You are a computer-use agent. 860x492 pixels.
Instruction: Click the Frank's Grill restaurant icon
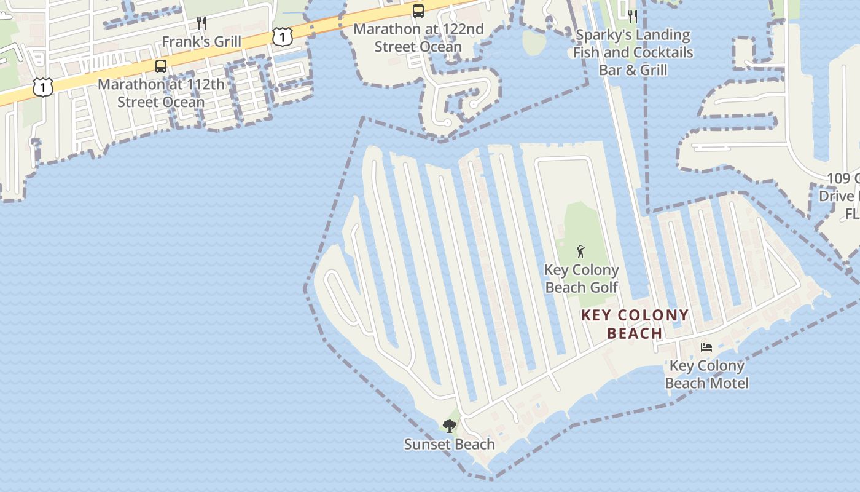click(x=201, y=23)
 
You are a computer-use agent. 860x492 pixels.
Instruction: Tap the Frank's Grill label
click(x=201, y=42)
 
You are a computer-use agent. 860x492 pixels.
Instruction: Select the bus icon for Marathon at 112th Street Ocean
click(x=161, y=66)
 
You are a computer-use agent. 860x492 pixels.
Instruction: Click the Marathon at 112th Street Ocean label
click(x=161, y=93)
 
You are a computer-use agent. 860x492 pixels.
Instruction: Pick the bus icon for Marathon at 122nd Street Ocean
click(x=418, y=10)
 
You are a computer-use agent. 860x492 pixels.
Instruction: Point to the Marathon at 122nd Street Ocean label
click(x=418, y=38)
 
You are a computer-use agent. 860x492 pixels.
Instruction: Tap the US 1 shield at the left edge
click(x=43, y=87)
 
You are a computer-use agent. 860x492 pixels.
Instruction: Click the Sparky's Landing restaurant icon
click(x=633, y=16)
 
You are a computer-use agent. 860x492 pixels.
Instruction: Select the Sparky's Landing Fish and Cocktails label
click(x=633, y=52)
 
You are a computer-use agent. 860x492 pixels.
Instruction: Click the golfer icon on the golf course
click(x=580, y=252)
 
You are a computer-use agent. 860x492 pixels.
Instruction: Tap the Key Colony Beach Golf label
click(x=582, y=279)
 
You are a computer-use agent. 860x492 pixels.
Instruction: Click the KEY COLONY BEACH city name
click(x=635, y=324)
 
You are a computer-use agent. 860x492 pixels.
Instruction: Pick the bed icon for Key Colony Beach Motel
click(x=706, y=347)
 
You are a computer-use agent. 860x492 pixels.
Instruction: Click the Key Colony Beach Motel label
click(x=706, y=375)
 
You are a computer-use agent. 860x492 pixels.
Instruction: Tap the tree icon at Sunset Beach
click(x=450, y=426)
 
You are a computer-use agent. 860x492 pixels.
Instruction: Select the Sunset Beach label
click(x=449, y=444)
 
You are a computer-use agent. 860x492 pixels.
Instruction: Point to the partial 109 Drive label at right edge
click(x=842, y=196)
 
